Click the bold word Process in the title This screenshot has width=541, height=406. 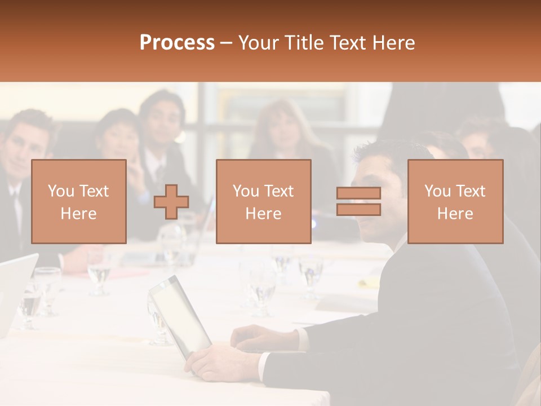coord(177,43)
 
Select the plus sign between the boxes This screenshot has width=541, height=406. coord(171,201)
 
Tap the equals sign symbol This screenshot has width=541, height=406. coord(358,201)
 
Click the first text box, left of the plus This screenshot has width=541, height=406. coord(78,201)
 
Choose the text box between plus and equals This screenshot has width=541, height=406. coord(263,201)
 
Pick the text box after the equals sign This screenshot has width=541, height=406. coord(455,201)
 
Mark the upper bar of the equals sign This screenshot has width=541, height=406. coord(358,193)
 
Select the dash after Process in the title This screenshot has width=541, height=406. coord(227,43)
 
